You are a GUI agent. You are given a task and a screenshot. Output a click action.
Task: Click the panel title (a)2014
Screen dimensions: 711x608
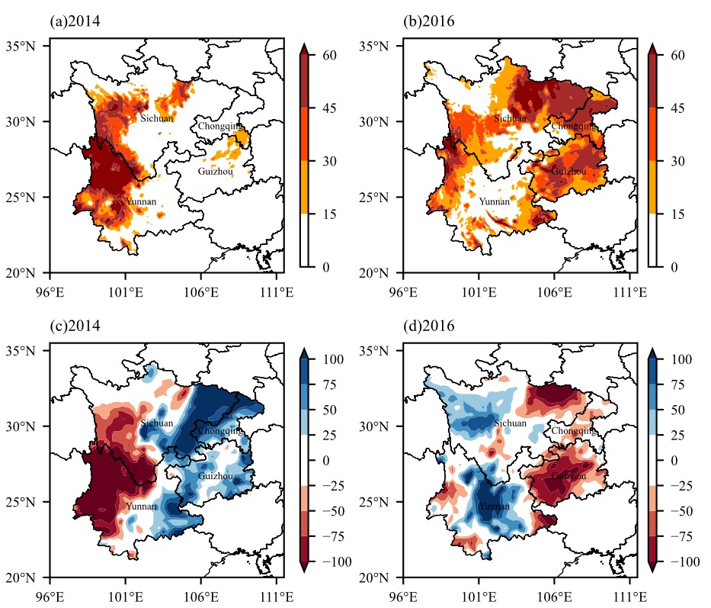pos(75,21)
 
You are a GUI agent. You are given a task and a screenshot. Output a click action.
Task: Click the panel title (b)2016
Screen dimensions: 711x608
pos(428,21)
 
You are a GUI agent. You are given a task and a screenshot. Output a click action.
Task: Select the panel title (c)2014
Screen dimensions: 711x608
pos(75,326)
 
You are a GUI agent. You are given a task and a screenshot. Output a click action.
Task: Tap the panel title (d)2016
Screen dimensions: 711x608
pos(428,326)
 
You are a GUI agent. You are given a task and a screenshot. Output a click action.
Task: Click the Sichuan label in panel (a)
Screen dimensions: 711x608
pos(157,118)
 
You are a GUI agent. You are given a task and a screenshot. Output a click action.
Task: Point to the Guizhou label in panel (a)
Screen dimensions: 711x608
pos(216,172)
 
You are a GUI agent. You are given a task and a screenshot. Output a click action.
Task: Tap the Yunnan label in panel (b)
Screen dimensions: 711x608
pos(495,201)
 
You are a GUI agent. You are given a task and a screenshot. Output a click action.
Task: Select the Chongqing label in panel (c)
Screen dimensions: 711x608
pos(220,431)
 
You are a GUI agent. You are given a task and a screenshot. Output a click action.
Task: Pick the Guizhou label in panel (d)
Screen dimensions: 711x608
pos(568,476)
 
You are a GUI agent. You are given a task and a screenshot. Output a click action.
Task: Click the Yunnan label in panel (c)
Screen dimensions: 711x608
pos(141,507)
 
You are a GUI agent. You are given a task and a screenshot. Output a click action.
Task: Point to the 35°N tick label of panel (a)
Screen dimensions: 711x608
pos(21,47)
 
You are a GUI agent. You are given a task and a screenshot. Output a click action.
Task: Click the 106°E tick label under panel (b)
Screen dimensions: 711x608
pos(554,292)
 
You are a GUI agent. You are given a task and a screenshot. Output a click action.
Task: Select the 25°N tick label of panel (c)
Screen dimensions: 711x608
pos(21,502)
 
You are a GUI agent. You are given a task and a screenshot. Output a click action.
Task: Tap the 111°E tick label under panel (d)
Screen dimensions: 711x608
pos(629,597)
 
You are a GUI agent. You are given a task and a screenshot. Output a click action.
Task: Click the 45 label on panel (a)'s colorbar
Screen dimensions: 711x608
pos(330,108)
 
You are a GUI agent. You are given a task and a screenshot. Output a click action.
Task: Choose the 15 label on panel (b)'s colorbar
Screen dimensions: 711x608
pos(678,214)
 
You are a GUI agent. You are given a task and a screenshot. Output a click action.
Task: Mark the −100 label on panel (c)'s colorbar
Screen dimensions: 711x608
pos(337,562)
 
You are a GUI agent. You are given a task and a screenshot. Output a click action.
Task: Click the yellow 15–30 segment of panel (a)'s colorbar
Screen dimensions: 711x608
pos(304,188)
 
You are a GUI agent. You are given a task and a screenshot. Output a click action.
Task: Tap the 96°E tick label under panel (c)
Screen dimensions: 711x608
pos(50,597)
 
